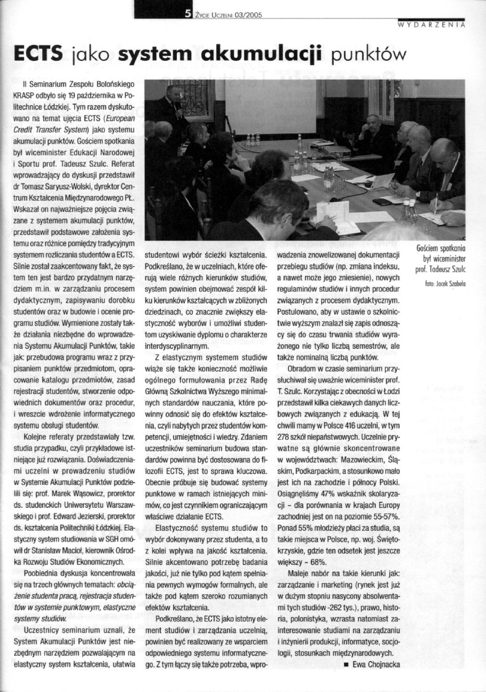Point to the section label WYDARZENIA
[x=432, y=25]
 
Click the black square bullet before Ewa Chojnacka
[x=346, y=665]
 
